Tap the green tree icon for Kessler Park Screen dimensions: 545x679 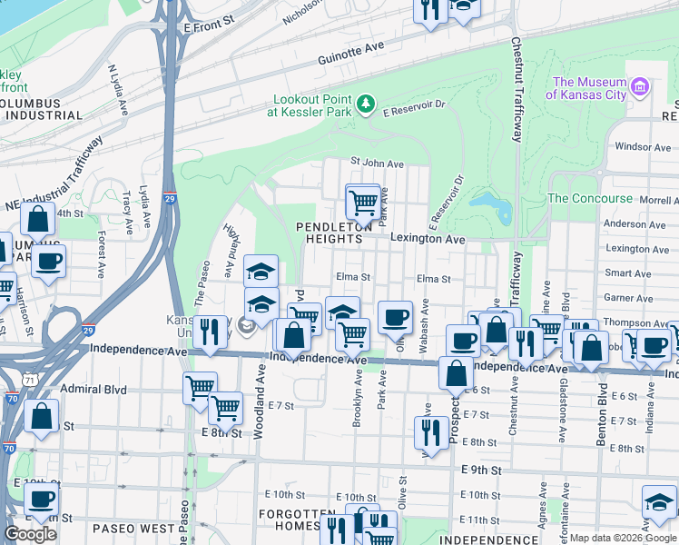(366, 104)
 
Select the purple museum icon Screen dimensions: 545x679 (641, 87)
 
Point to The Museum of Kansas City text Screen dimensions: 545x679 (587, 87)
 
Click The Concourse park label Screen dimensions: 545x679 (590, 198)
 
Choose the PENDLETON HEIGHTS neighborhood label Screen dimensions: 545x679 (330, 232)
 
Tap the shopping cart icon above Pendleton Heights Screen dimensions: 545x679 (363, 201)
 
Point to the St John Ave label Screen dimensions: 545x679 (378, 163)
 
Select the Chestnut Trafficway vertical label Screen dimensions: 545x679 (517, 91)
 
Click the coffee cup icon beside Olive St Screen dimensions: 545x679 (395, 318)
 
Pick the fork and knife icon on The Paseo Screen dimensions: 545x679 (210, 332)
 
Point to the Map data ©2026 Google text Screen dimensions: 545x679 (622, 538)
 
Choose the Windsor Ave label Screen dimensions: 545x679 (642, 146)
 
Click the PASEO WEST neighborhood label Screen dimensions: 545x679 (133, 528)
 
